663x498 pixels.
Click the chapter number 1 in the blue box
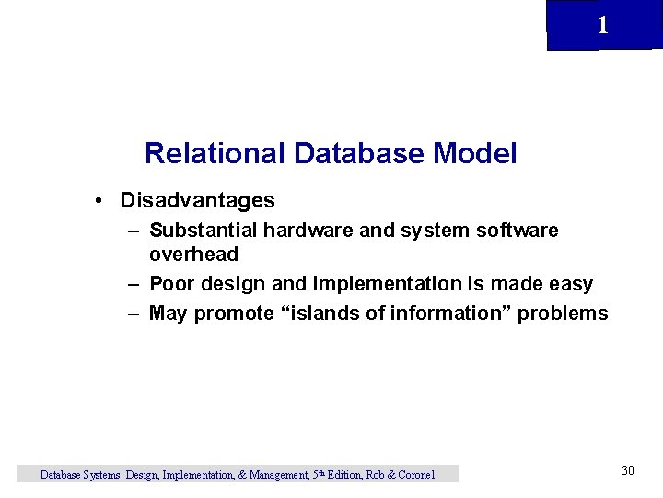[602, 26]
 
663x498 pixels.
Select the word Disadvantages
[197, 200]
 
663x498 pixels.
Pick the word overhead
[193, 254]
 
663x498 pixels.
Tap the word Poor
[172, 283]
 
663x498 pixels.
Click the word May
[169, 314]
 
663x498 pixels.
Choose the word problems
[563, 314]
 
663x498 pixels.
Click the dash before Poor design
[134, 283]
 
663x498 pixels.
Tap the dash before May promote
[134, 314]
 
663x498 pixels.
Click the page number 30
[628, 471]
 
